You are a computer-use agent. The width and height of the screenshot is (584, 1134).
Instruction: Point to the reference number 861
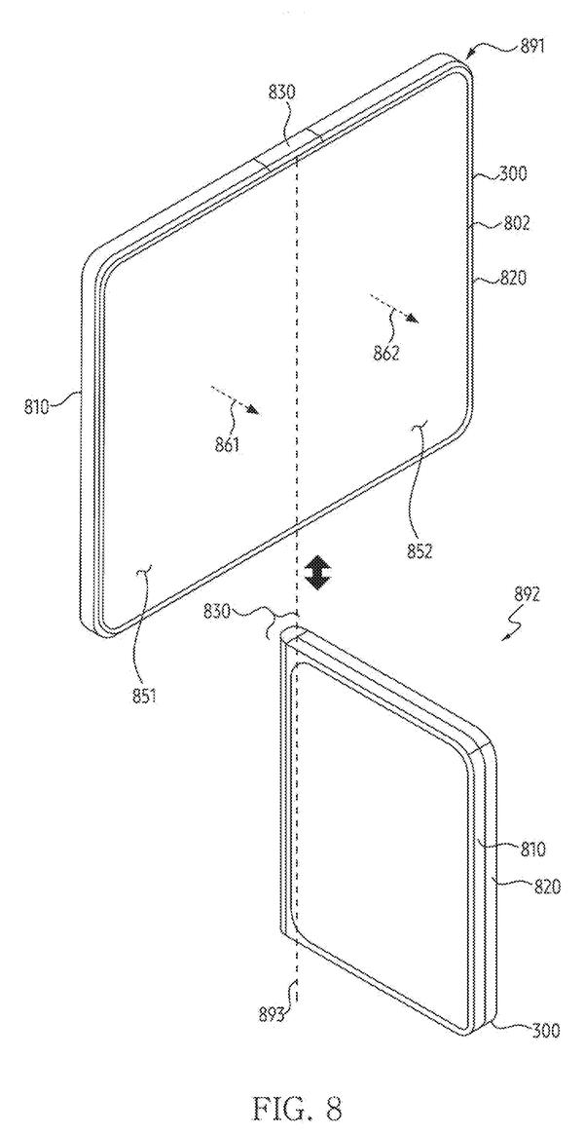coord(228,445)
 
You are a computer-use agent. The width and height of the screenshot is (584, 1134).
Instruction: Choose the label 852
coord(419,551)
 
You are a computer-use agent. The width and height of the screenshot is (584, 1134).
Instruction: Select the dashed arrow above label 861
coord(235,399)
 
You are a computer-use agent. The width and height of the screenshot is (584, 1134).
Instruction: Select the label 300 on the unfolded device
coord(515,173)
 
